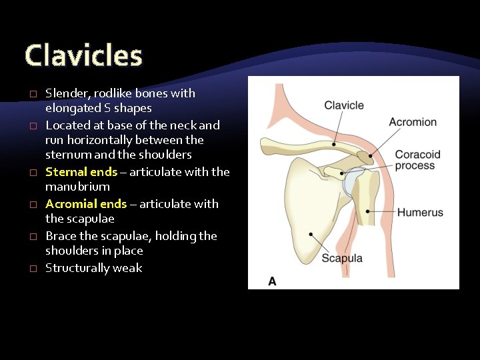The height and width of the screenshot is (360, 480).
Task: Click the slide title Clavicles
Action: tap(83, 56)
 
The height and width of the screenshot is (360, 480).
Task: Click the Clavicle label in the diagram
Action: tap(344, 105)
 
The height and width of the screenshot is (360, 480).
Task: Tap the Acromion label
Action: tap(413, 122)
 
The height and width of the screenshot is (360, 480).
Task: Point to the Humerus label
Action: tap(420, 213)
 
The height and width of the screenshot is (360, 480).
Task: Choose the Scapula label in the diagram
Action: tap(342, 258)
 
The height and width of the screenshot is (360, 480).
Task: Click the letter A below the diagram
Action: tap(272, 281)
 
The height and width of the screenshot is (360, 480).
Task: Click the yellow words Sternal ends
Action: tap(81, 172)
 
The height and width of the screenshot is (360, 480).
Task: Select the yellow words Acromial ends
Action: tap(86, 204)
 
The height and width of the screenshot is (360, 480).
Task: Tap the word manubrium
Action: tap(77, 187)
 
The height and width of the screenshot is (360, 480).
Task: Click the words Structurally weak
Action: tap(93, 268)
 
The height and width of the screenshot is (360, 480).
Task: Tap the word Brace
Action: tap(61, 236)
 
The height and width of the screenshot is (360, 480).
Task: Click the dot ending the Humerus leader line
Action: tap(368, 212)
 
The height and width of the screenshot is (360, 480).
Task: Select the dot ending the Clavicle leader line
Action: tap(333, 145)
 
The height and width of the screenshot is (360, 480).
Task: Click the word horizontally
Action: tap(97, 140)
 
